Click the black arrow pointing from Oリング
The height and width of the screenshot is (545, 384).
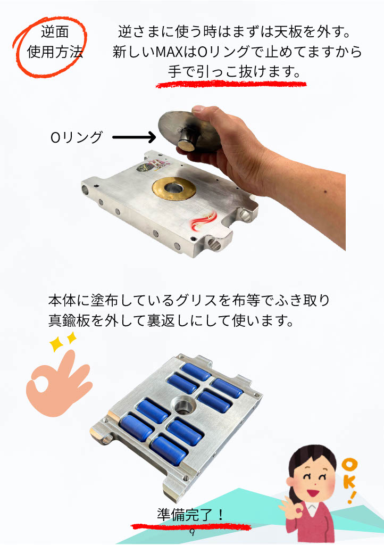(134, 137)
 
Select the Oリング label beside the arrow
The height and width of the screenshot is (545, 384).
(77, 137)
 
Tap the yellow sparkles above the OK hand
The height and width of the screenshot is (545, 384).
(63, 342)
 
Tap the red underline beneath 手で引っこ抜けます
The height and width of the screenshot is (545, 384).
(231, 84)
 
